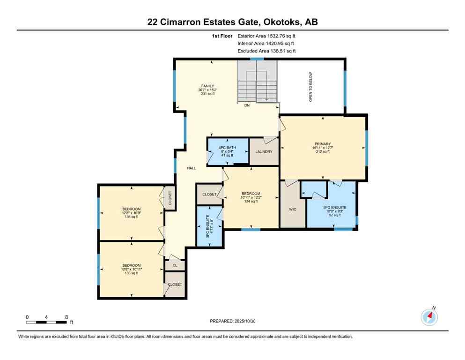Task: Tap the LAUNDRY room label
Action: [x=264, y=151]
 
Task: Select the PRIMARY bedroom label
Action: [x=323, y=144]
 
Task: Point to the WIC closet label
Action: [x=293, y=209]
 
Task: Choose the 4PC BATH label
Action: [x=228, y=148]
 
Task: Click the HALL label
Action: [x=192, y=168]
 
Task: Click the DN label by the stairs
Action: [x=247, y=106]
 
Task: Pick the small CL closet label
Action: [x=175, y=265]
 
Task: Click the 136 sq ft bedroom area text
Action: [x=132, y=217]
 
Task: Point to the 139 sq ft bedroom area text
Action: [x=132, y=273]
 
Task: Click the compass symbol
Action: [x=429, y=317]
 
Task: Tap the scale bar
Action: [x=46, y=322]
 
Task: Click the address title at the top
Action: [x=232, y=22]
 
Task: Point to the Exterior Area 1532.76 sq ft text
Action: [x=266, y=36]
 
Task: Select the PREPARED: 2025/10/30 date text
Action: [x=232, y=321]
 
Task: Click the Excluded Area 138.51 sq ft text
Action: [x=266, y=51]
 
